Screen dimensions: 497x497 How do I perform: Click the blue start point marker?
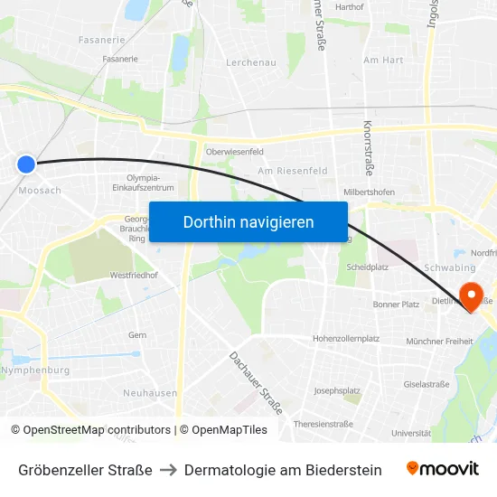(x=26, y=164)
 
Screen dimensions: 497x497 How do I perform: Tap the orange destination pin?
(x=472, y=295)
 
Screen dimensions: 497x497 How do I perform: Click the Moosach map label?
(x=40, y=191)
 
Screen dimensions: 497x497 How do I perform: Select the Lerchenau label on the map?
(x=251, y=62)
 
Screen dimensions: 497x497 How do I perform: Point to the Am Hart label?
(x=383, y=61)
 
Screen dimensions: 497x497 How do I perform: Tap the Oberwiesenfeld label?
(x=234, y=152)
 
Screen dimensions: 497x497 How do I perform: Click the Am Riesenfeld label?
(x=293, y=170)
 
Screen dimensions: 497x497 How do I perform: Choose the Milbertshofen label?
(x=369, y=192)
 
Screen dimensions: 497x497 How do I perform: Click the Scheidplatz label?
(x=368, y=267)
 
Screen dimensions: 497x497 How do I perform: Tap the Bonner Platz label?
(x=397, y=305)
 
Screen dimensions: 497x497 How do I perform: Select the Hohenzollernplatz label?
(x=346, y=338)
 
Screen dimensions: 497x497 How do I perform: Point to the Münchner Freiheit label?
(x=440, y=341)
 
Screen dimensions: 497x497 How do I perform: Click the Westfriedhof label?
(x=134, y=275)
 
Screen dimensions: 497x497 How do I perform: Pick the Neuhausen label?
(x=150, y=393)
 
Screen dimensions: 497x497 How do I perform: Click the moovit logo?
(x=443, y=469)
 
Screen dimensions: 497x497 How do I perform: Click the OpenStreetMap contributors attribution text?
(x=97, y=430)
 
